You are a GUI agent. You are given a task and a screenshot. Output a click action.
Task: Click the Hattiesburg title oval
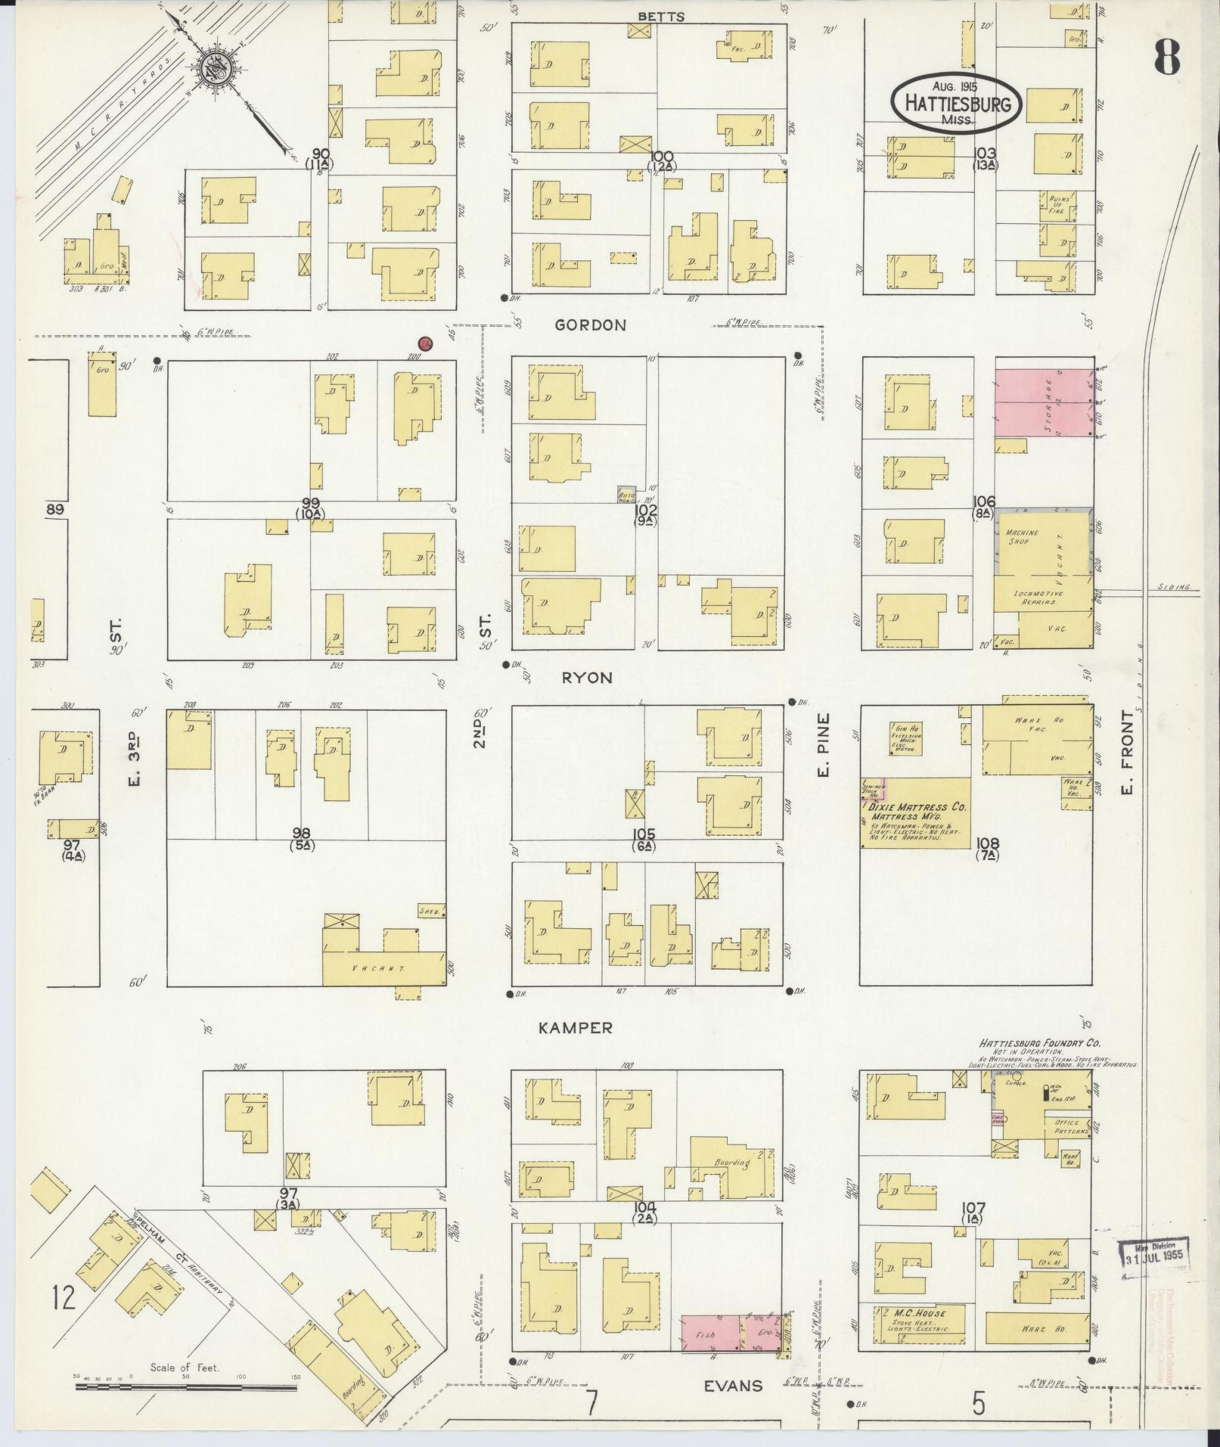tap(955, 104)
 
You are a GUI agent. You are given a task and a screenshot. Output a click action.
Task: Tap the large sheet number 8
tap(1167, 57)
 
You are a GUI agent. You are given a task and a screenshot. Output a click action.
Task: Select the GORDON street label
tap(590, 325)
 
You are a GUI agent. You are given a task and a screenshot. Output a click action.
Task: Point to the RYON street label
tap(587, 678)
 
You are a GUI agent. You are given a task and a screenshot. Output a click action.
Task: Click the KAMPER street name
tap(576, 1028)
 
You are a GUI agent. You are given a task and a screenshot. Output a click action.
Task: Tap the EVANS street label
tap(733, 1386)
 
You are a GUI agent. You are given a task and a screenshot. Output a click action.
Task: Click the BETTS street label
tap(660, 17)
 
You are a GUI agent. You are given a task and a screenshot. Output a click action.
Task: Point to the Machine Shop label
tap(1022, 537)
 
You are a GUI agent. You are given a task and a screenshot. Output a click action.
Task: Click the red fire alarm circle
tap(426, 345)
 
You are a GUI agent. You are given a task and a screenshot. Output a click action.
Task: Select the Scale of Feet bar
tap(186, 1386)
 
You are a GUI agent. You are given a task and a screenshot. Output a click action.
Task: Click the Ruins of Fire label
tap(1056, 204)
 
